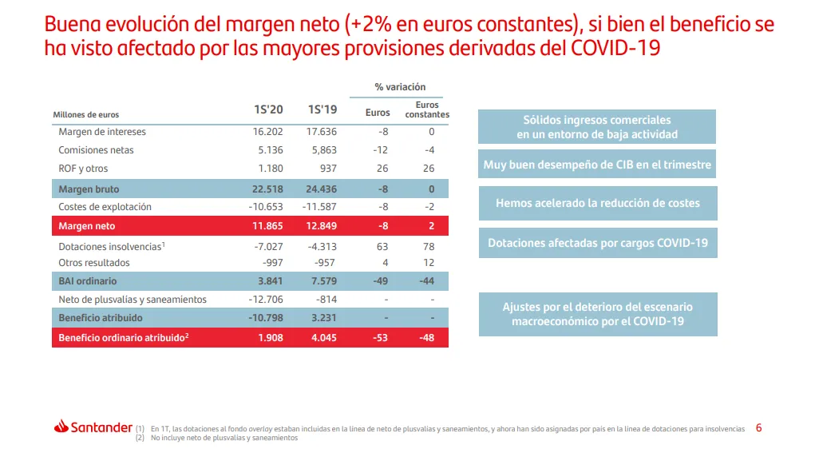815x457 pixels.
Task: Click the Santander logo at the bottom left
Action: pyautogui.click(x=93, y=427)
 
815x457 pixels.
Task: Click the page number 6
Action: pyautogui.click(x=758, y=428)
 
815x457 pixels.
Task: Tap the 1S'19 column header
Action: pyautogui.click(x=322, y=110)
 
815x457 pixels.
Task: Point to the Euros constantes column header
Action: pyautogui.click(x=427, y=109)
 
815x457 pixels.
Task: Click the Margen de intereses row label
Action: pyautogui.click(x=102, y=132)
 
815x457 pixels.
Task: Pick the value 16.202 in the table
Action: pyautogui.click(x=267, y=132)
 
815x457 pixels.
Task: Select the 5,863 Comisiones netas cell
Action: pyautogui.click(x=322, y=150)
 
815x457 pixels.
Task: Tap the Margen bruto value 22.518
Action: pyautogui.click(x=267, y=189)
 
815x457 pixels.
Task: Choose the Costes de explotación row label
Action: pyautogui.click(x=105, y=207)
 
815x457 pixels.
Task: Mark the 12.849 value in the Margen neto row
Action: pyautogui.click(x=322, y=227)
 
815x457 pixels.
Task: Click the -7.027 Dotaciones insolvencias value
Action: pyautogui.click(x=267, y=247)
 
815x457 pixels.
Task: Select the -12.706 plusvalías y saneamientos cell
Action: pyautogui.click(x=264, y=300)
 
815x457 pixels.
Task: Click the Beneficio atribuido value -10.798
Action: pyautogui.click(x=264, y=318)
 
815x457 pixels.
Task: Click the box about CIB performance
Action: pyautogui.click(x=597, y=165)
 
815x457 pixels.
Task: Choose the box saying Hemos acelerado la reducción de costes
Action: pyautogui.click(x=597, y=203)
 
